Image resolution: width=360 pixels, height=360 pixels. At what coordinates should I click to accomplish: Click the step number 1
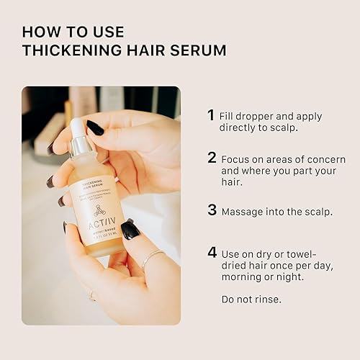(211, 115)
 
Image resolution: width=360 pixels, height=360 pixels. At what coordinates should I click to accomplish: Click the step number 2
(212, 158)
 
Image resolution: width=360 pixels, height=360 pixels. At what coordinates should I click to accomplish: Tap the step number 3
(212, 210)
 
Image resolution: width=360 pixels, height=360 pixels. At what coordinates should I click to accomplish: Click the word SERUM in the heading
(203, 50)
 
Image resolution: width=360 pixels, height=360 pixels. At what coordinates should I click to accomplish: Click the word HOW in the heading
(38, 32)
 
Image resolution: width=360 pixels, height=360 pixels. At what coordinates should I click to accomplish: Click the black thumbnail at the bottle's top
(94, 127)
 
